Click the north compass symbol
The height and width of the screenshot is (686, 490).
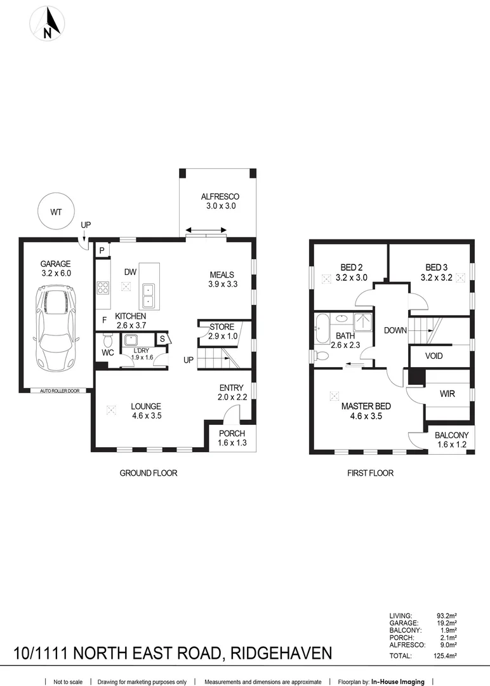(47, 24)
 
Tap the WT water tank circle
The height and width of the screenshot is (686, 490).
(55, 211)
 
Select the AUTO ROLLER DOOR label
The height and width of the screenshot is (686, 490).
(59, 391)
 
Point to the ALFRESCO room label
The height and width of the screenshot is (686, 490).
(220, 196)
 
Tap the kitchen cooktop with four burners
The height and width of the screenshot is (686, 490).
(103, 288)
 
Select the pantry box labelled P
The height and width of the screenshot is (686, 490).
(102, 251)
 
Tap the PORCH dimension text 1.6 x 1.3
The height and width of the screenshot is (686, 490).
(231, 443)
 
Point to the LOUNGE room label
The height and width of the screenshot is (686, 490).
(145, 407)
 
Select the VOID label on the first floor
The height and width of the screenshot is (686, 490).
(434, 356)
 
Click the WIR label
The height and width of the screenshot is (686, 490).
(447, 394)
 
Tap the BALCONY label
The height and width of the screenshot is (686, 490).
(451, 435)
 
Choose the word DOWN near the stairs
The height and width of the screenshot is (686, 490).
(395, 330)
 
